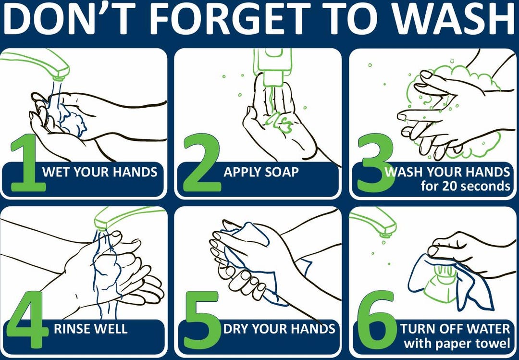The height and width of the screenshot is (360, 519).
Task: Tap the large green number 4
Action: (x=26, y=320)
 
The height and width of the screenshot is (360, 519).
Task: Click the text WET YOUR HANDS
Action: (x=100, y=172)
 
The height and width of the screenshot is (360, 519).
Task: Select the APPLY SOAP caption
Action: (x=261, y=172)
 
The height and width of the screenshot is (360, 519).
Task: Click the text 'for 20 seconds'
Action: (x=465, y=186)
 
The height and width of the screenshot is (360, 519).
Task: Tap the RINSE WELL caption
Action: (x=90, y=329)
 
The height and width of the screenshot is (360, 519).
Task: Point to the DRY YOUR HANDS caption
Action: (x=279, y=329)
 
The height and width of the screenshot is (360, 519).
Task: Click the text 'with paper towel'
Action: (x=457, y=343)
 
